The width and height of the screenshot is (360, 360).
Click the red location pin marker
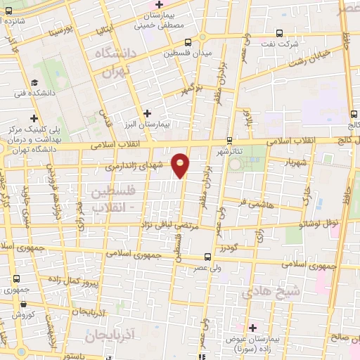[x=181, y=165]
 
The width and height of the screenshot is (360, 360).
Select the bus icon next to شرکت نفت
[x=280, y=33]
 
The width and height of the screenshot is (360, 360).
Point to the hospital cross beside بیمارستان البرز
[x=146, y=112]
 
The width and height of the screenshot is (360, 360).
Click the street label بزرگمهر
[x=195, y=89]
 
